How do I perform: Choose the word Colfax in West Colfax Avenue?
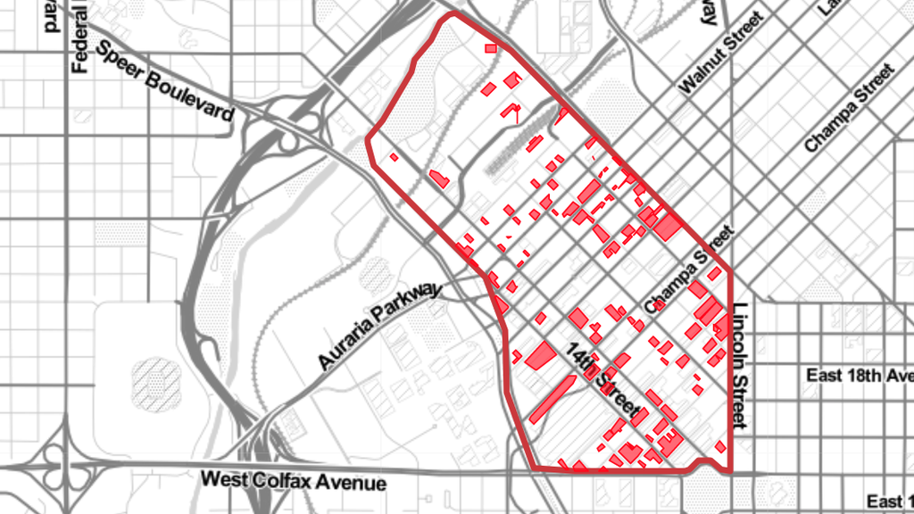[282, 480]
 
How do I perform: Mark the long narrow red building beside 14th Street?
[552, 399]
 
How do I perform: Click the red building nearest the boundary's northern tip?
[491, 48]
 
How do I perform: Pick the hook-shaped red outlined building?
[511, 111]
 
